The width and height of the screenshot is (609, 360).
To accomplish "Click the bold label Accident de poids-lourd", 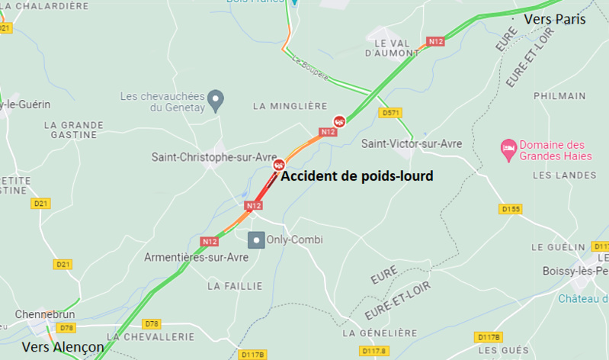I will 357,176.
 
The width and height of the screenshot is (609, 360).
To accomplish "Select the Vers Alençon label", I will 63,346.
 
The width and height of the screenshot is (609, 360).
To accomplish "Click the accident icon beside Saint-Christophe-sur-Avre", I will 280,164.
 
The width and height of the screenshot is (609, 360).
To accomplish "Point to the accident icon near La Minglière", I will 339,121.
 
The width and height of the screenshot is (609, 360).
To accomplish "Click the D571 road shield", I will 391,113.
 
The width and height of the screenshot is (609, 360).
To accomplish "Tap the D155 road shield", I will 510,208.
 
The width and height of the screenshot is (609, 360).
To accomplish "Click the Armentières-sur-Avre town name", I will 197,258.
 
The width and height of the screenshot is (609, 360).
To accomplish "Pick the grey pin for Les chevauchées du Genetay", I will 217,99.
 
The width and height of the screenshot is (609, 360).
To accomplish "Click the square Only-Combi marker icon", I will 257,239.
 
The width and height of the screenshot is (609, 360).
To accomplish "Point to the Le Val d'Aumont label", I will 393,47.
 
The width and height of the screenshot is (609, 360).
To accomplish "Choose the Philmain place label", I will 559,96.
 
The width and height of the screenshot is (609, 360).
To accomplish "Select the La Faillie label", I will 235,286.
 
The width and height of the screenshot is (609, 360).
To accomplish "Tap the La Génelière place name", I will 380,333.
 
